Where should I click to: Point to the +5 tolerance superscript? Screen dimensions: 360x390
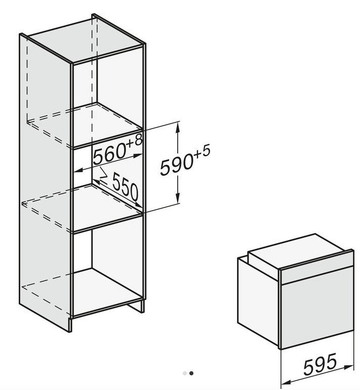click(x=202, y=153)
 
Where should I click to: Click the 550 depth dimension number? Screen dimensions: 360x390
click(x=125, y=187)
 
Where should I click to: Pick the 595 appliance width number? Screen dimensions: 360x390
click(x=320, y=364)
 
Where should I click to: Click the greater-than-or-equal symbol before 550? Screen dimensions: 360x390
click(x=103, y=173)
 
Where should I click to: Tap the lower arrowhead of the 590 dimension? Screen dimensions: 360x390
click(x=178, y=198)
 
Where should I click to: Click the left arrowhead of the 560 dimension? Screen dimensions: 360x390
click(x=78, y=170)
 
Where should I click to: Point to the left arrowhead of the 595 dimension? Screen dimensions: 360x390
click(x=286, y=382)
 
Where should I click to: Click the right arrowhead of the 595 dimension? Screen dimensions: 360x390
click(x=348, y=367)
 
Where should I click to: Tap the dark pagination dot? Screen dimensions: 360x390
click(x=191, y=373)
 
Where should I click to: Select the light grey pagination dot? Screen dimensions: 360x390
click(x=184, y=373)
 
